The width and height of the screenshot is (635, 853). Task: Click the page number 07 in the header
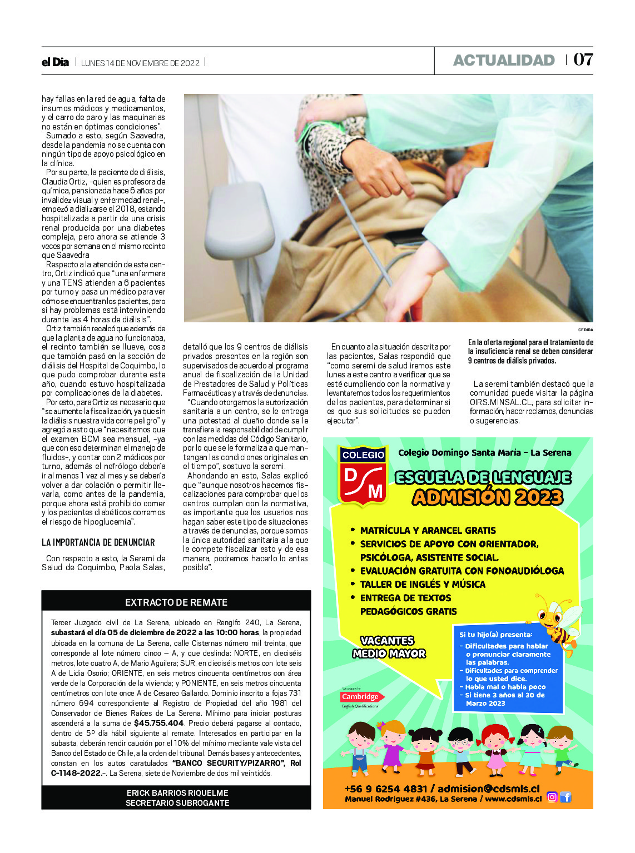click(583, 59)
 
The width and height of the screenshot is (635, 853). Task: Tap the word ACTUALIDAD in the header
click(504, 60)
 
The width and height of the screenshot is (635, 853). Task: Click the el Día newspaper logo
click(55, 62)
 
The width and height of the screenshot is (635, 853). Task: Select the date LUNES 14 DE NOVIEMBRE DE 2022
click(140, 63)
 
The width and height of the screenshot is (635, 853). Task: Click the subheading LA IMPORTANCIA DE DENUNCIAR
click(98, 542)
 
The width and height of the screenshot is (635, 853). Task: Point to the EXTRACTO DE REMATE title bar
click(176, 602)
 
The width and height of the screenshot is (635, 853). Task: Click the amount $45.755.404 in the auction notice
click(158, 723)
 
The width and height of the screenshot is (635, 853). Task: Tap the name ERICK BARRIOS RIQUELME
click(177, 792)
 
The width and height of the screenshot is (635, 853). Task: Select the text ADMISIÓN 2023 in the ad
click(487, 497)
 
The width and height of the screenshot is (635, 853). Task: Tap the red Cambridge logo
click(360, 696)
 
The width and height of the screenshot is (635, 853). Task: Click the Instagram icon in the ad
click(552, 797)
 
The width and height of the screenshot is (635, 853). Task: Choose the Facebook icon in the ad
click(565, 797)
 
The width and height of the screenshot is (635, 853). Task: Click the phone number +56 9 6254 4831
click(386, 789)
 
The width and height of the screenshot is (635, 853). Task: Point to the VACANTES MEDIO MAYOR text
click(389, 647)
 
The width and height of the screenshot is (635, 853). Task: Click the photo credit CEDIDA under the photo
click(585, 330)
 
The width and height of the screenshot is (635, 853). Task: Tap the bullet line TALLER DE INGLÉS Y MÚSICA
click(422, 584)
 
